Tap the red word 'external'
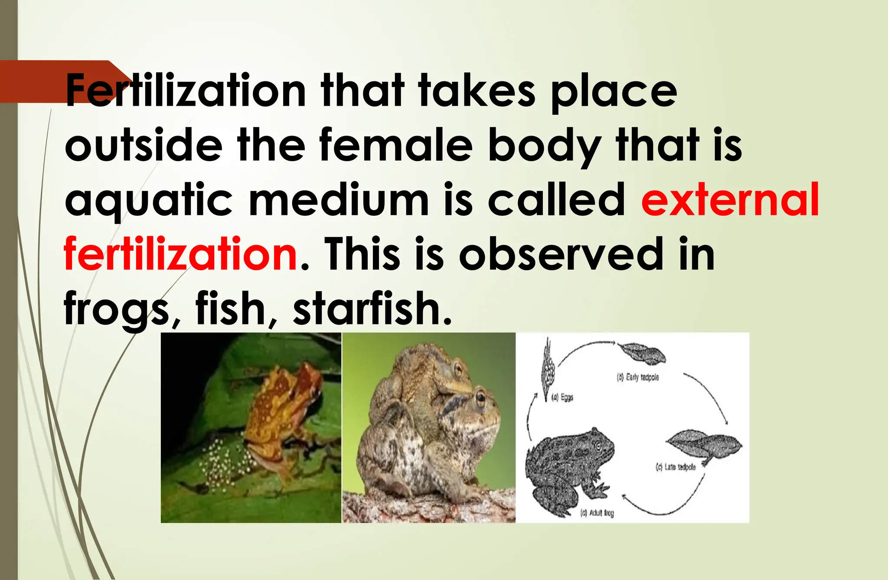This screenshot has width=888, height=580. [x=730, y=200]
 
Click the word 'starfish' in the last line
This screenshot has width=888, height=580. [x=372, y=308]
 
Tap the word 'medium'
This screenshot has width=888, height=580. [x=339, y=200]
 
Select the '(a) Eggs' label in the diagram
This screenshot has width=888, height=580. [x=562, y=397]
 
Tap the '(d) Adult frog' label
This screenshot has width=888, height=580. [x=597, y=513]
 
